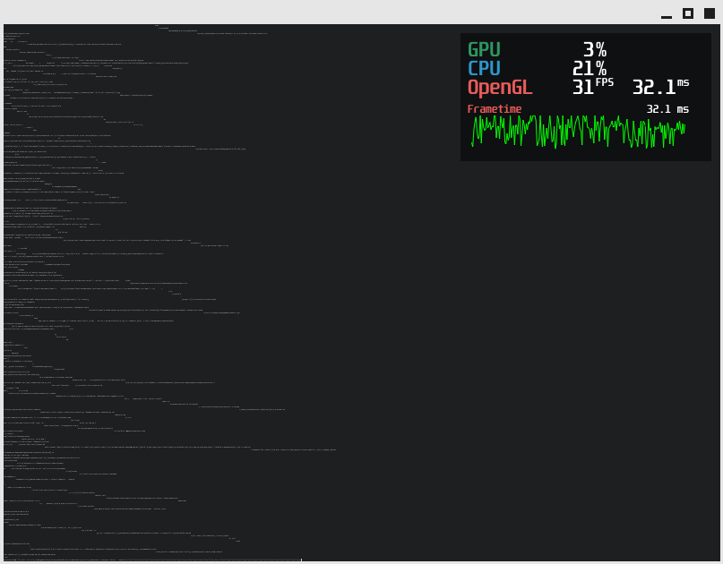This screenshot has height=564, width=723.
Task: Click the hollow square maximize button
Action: tap(688, 13)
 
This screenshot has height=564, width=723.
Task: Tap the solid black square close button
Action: tap(710, 13)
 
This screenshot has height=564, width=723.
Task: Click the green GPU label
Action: tap(484, 50)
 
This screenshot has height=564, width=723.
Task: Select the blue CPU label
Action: tap(484, 69)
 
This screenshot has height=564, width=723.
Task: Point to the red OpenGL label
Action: tap(500, 88)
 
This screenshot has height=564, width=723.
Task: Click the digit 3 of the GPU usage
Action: tap(589, 50)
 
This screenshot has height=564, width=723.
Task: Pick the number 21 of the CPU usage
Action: tap(583, 69)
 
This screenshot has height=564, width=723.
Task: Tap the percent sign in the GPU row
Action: tap(601, 50)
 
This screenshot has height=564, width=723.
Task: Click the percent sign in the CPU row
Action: tap(601, 69)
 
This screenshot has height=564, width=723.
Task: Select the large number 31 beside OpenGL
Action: tap(583, 88)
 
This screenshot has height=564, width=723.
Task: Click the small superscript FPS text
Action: tap(605, 82)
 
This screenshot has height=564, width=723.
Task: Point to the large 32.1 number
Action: tap(653, 88)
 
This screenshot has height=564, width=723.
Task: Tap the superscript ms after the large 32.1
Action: tap(684, 82)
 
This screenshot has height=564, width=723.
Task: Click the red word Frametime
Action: tap(494, 109)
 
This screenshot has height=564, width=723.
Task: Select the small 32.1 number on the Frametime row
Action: tap(659, 109)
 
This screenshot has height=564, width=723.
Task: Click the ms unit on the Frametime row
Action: tap(683, 109)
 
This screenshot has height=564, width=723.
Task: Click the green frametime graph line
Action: tap(578, 131)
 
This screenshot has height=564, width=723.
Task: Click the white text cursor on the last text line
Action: tap(301, 560)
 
